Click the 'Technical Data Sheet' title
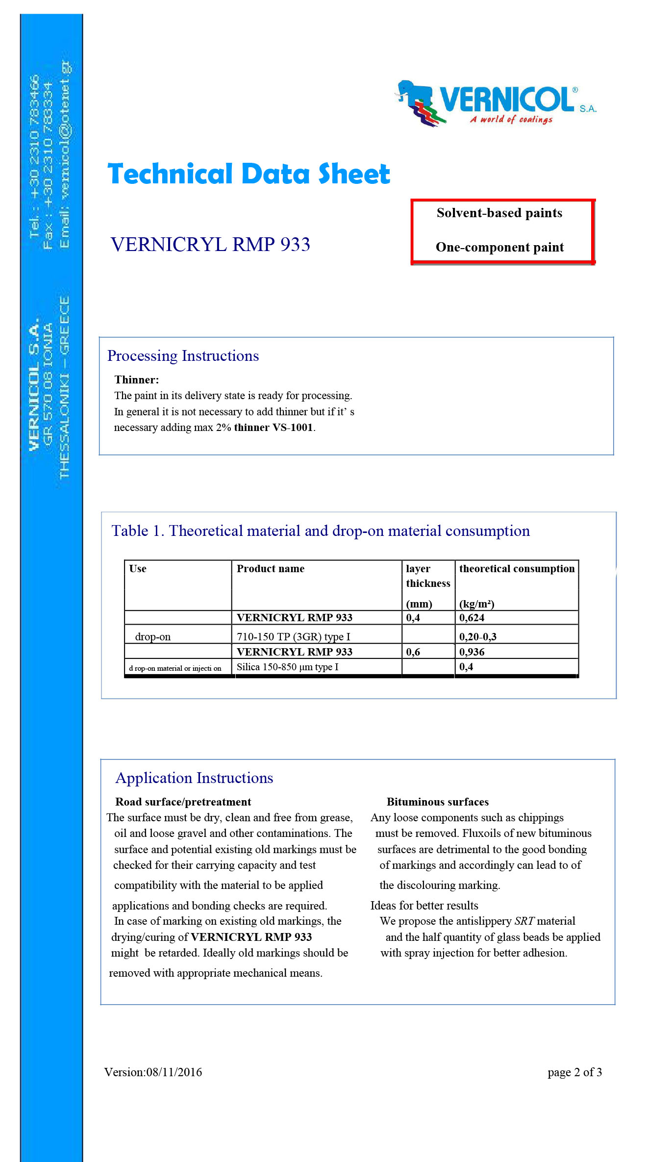[249, 174]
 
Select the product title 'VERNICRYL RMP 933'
[210, 244]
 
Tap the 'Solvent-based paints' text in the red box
[499, 213]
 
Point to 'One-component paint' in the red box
[499, 247]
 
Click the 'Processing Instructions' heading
[183, 355]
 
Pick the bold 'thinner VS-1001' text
[274, 428]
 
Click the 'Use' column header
[138, 569]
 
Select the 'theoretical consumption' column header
[517, 569]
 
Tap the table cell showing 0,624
[472, 618]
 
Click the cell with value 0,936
[472, 652]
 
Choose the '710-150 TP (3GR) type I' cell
[293, 637]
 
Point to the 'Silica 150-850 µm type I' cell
[287, 667]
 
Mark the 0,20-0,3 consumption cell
[477, 637]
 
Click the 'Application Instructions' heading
[194, 778]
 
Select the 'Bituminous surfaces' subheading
[438, 802]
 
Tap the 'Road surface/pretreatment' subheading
[183, 802]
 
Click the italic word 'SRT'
[524, 921]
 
